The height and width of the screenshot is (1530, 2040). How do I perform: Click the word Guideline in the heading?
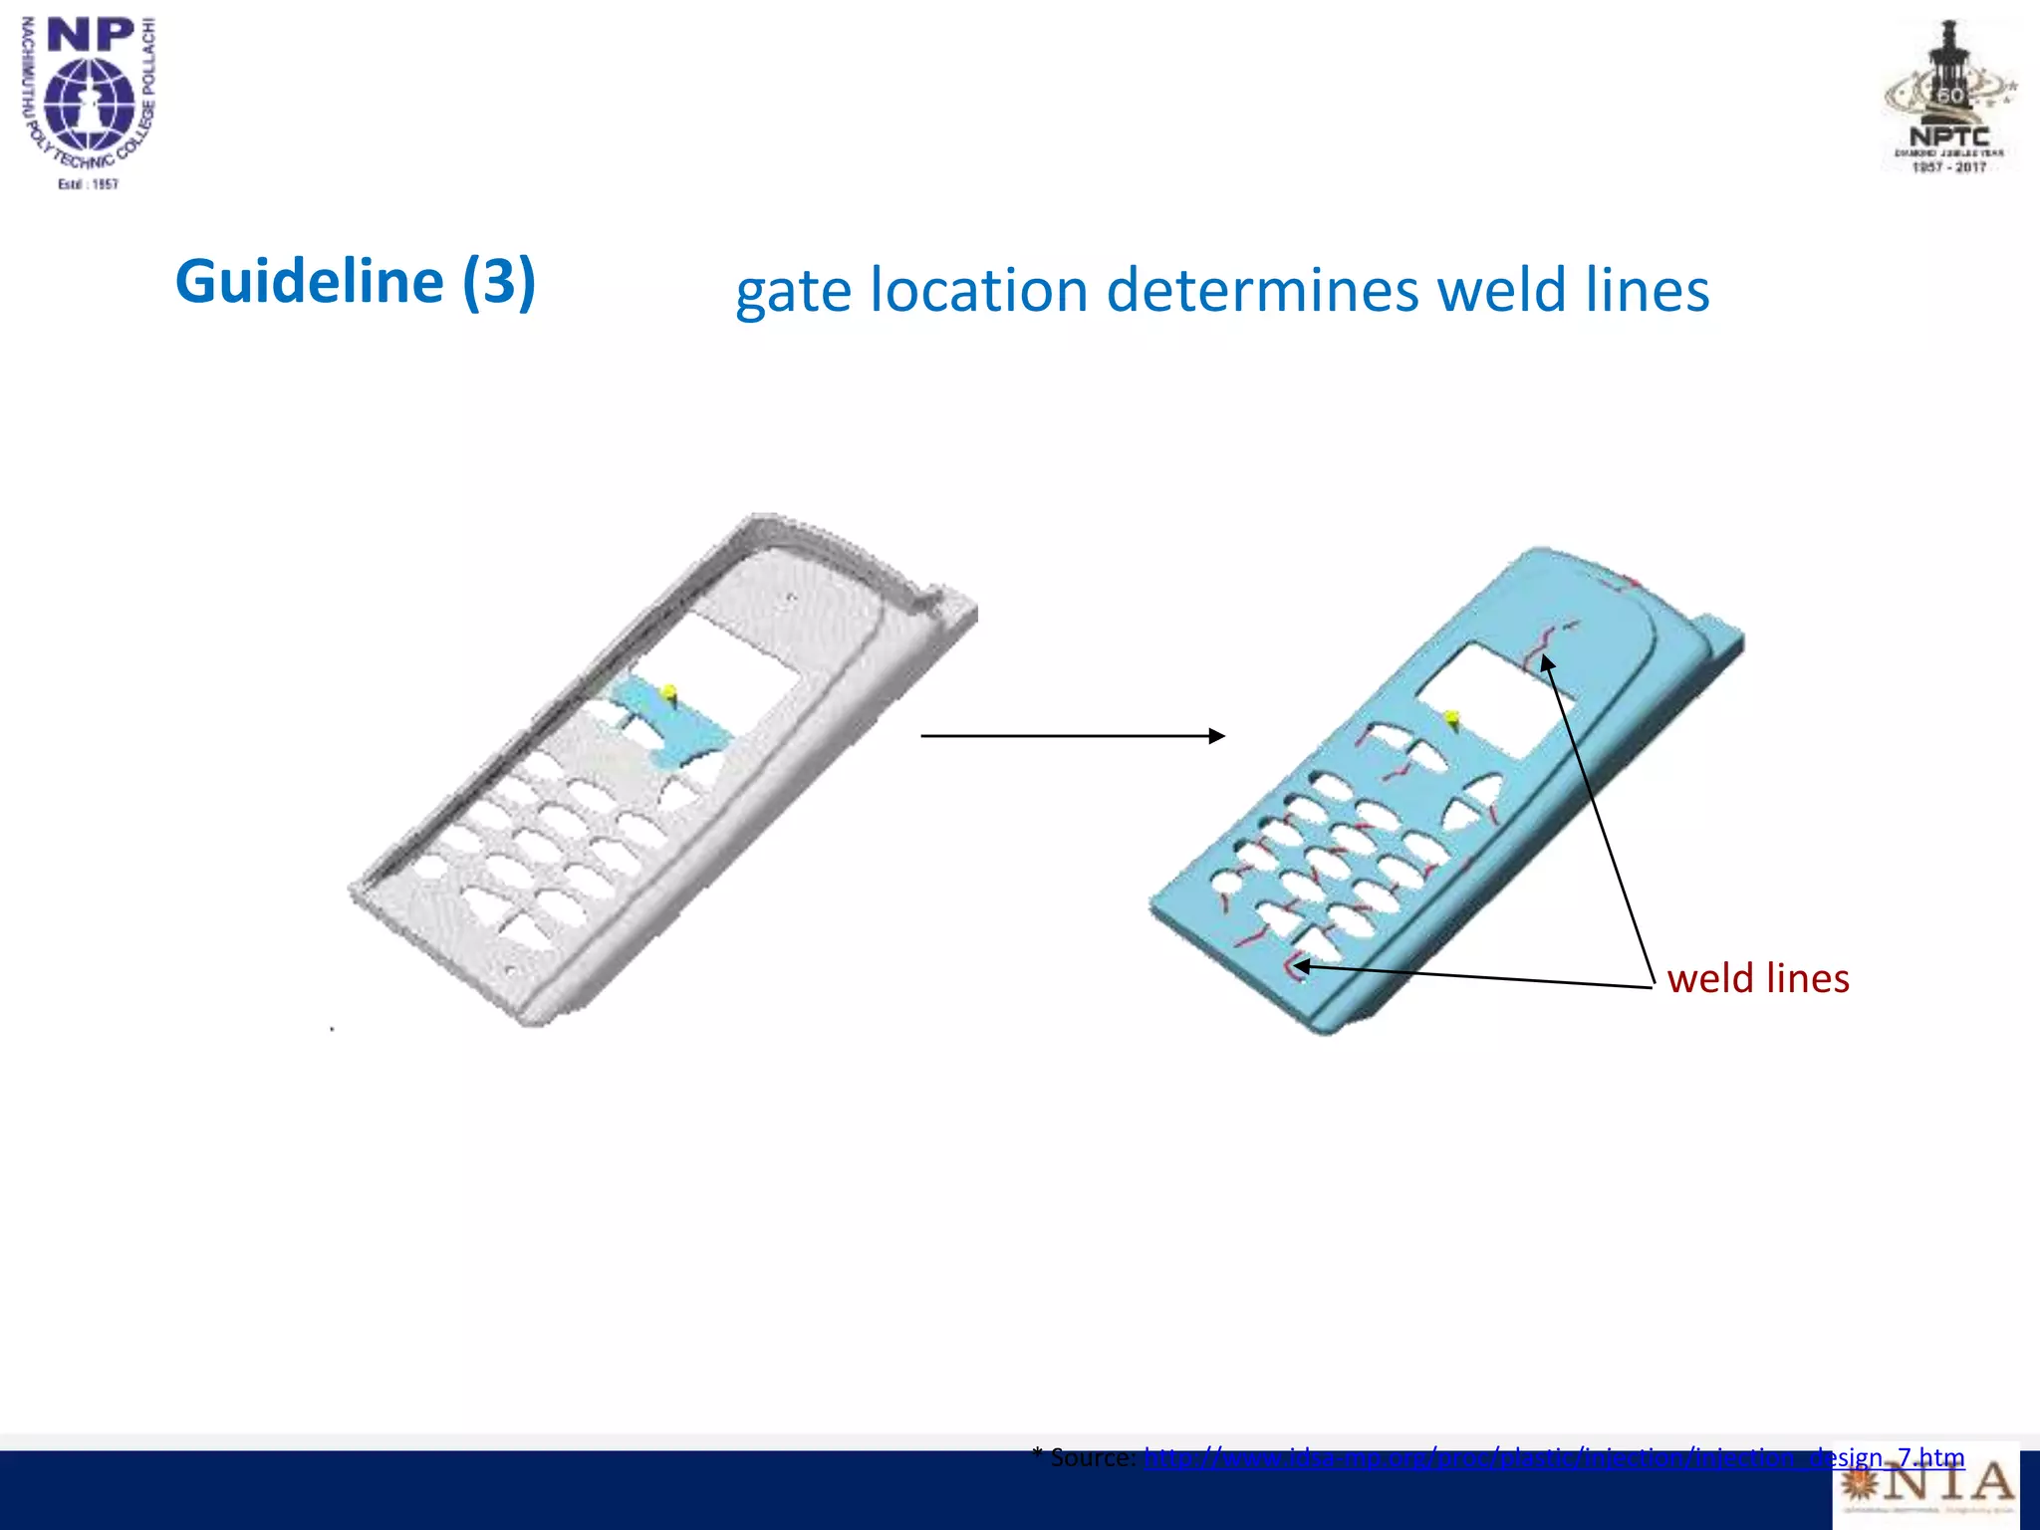click(x=309, y=282)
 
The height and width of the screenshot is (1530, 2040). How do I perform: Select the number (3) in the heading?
click(x=498, y=282)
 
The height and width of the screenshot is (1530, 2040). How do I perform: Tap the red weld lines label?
click(x=1757, y=978)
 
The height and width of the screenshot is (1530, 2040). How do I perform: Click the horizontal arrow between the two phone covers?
click(x=1072, y=736)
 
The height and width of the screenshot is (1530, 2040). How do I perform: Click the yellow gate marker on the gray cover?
click(x=669, y=691)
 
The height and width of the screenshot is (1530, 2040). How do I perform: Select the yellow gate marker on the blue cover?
click(x=1452, y=716)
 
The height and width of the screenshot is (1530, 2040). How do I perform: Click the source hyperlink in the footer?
click(x=1554, y=1458)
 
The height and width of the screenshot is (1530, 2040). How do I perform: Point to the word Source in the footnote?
click(x=1092, y=1458)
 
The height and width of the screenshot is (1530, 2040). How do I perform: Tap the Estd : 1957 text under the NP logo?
click(x=89, y=184)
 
